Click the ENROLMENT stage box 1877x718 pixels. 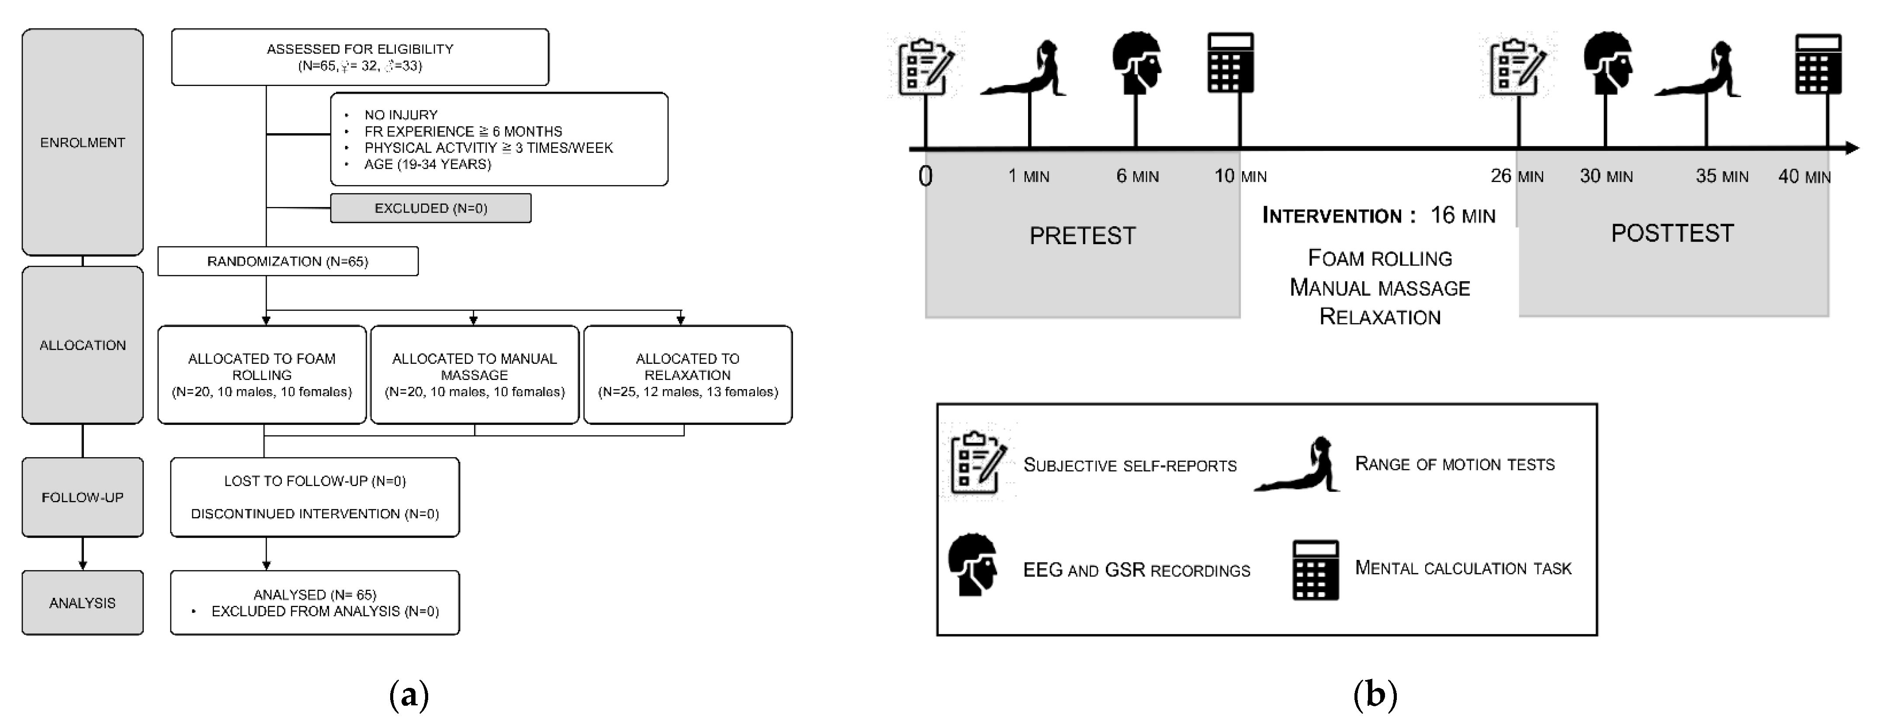coord(82,142)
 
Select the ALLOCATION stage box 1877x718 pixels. coord(82,345)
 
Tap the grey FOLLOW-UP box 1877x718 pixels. coord(82,497)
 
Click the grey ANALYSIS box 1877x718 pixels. coord(82,602)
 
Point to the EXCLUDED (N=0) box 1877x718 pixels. coord(431,208)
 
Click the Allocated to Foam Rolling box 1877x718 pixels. coord(262,374)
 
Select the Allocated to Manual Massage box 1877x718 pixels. coord(474,374)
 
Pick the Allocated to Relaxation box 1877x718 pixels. coord(688,374)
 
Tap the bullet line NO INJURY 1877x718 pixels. coord(401,115)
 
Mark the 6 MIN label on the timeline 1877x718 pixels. coord(1137,176)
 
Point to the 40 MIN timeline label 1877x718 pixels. coord(1804,176)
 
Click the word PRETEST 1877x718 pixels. coord(1082,236)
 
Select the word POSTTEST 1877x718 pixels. coord(1672,233)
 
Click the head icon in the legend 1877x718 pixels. coord(973,565)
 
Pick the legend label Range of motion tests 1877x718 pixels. coord(1455,464)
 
